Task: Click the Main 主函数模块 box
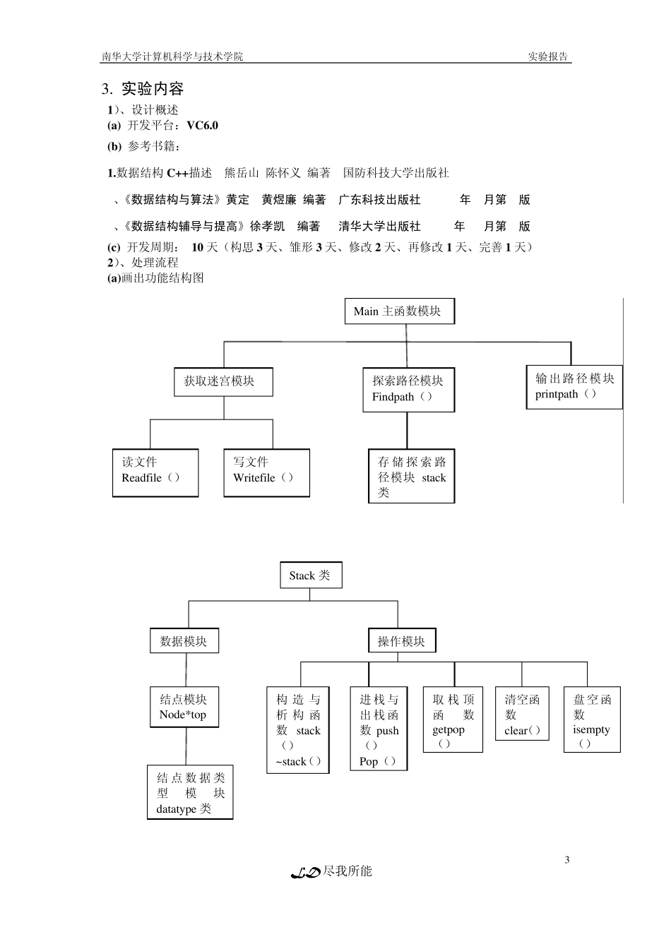[399, 311]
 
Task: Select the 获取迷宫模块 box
[223, 381]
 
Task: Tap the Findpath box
[408, 389]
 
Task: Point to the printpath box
[574, 386]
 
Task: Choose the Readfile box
[155, 472]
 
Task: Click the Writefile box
[266, 472]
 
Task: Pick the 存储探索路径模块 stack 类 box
[411, 477]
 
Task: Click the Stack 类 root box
[310, 575]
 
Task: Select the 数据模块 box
[184, 641]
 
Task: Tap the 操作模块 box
[402, 641]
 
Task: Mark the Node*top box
[184, 707]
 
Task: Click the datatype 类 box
[190, 792]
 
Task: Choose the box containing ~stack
[298, 730]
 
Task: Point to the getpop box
[453, 720]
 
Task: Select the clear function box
[522, 715]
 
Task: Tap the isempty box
[592, 720]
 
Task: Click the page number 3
[567, 859]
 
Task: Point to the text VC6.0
[203, 126]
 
